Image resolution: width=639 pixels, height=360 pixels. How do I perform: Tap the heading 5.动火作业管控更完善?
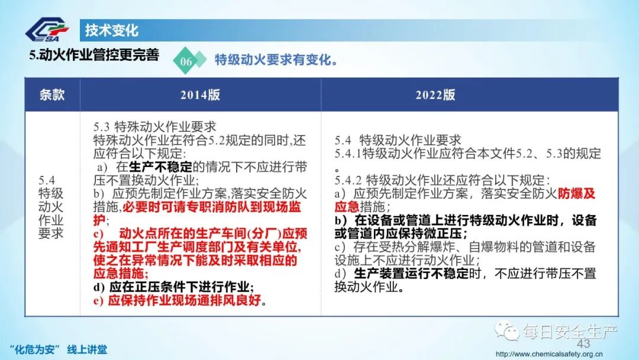tap(95, 55)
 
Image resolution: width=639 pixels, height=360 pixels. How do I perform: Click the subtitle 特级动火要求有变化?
tap(276, 60)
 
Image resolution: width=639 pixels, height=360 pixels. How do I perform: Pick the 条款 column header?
tap(52, 95)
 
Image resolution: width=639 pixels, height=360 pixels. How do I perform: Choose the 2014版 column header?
tap(200, 95)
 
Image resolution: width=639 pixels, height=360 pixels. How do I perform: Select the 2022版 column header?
tap(435, 95)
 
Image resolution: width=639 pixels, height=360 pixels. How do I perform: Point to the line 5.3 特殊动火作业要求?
tap(154, 127)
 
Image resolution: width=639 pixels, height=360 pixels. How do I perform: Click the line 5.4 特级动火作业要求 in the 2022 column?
tap(398, 140)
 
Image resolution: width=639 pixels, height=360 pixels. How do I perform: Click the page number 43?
tap(583, 344)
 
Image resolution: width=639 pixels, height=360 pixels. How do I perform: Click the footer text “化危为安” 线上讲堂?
tap(59, 349)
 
